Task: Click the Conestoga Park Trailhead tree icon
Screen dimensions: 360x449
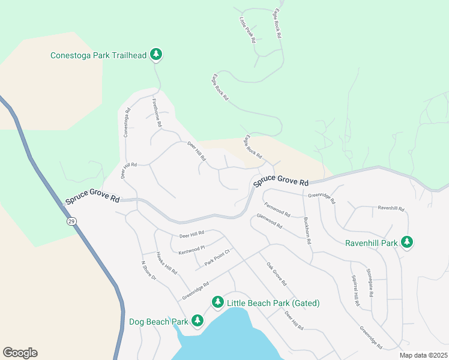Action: coord(156,55)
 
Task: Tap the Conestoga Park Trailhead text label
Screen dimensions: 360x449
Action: coord(98,55)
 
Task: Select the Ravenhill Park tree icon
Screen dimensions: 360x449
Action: coord(408,242)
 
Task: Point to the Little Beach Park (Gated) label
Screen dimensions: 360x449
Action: coord(273,303)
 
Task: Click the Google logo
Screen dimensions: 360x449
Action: coord(20,353)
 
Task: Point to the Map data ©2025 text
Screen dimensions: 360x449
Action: coord(424,355)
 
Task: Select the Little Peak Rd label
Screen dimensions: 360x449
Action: coord(247,30)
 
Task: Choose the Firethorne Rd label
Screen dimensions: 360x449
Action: coord(157,112)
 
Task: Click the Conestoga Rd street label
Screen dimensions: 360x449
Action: coord(127,122)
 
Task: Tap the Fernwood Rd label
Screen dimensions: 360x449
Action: coord(277,209)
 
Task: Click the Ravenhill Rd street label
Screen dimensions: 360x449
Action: coord(391,208)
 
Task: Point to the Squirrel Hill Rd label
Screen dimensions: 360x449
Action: coord(355,291)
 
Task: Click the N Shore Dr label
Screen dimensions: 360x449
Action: coord(148,271)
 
